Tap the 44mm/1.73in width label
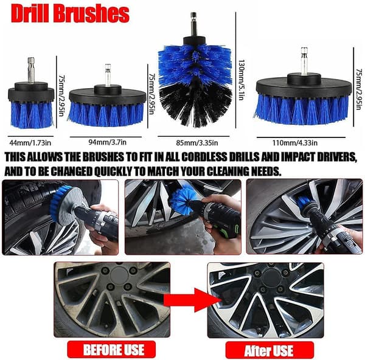pos(30,142)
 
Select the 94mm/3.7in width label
pos(107,142)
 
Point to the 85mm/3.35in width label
pos(197,143)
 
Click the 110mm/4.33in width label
pos(295,142)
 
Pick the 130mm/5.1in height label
pos(242,80)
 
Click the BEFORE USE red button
pos(111,350)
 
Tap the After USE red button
pos(269,350)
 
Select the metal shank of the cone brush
pos(193,24)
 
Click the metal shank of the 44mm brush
pos(31,70)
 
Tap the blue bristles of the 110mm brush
pos(302,109)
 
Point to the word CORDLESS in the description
pos(204,157)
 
